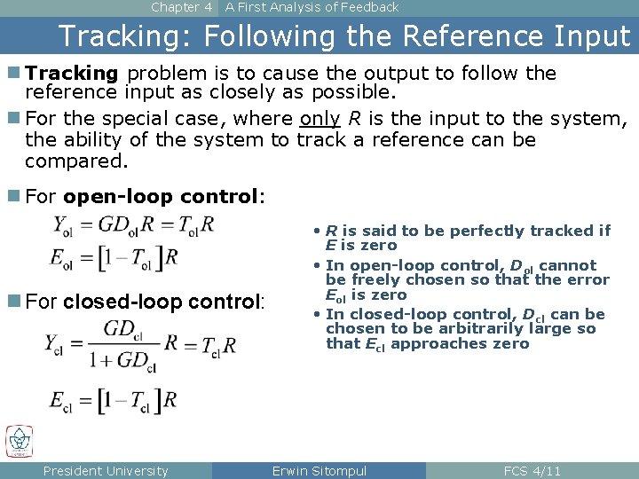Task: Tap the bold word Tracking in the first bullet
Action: (x=72, y=73)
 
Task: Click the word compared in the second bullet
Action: (x=76, y=161)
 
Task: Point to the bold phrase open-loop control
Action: (x=162, y=197)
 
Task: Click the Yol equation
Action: (x=134, y=224)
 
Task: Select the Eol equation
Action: (x=114, y=257)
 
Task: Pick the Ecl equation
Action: (x=112, y=399)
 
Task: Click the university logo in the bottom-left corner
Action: (x=19, y=441)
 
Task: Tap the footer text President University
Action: (x=106, y=471)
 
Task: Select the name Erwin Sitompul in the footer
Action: (x=319, y=471)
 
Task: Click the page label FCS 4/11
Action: (x=532, y=471)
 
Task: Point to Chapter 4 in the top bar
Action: (x=182, y=7)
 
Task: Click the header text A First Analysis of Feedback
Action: (x=312, y=7)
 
